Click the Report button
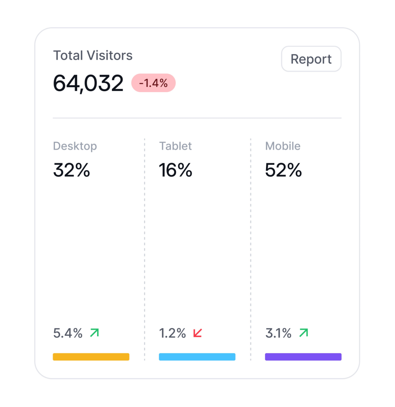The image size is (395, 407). [x=311, y=59]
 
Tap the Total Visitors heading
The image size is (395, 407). [x=93, y=56]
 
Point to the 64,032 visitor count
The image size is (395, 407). [x=88, y=83]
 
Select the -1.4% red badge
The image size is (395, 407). [x=153, y=83]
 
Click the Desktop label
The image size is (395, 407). [x=75, y=146]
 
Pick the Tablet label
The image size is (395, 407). [x=175, y=146]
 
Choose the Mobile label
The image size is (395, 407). [x=283, y=146]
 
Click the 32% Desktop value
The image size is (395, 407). [x=72, y=170]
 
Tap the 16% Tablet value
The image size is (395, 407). [x=175, y=170]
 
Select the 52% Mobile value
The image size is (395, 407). [x=283, y=170]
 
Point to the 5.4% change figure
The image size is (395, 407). [x=68, y=333]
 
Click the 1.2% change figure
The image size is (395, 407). [x=172, y=333]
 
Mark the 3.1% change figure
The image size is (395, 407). [x=278, y=333]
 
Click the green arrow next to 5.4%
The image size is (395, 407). [x=95, y=333]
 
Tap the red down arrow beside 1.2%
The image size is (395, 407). [x=197, y=333]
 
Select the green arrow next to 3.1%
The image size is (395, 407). [x=304, y=333]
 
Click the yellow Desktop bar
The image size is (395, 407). [x=91, y=357]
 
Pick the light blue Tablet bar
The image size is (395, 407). [x=197, y=357]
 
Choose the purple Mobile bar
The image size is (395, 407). [x=303, y=357]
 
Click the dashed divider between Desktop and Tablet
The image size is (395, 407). [x=144, y=248]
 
